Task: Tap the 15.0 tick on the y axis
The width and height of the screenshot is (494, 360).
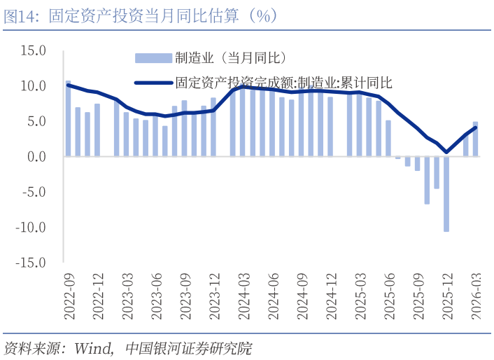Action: [33, 50]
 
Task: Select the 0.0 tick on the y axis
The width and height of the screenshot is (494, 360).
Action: [35, 157]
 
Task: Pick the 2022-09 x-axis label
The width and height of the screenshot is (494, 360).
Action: [69, 297]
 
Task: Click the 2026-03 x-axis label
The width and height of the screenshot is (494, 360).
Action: [476, 297]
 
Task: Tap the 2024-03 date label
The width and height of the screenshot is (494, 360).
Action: [244, 297]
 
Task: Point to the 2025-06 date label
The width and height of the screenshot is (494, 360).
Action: [388, 297]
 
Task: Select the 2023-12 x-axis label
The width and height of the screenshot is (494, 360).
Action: [215, 297]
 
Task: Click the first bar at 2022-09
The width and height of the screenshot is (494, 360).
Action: [69, 119]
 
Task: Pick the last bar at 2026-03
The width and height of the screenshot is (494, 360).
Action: [476, 139]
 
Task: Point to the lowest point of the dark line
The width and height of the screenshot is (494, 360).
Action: [446, 151]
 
